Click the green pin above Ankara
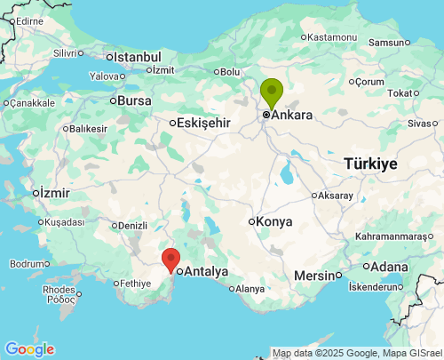coord(271,92)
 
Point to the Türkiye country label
coord(370,164)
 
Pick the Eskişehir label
coord(204,123)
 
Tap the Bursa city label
coord(135,100)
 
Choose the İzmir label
coord(54,192)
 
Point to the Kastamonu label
coord(332,37)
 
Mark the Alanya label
coord(250,289)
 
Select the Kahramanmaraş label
coord(398,236)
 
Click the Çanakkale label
coord(31,103)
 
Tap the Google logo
coord(28,349)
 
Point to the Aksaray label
coord(335,196)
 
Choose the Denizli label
coord(131,225)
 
